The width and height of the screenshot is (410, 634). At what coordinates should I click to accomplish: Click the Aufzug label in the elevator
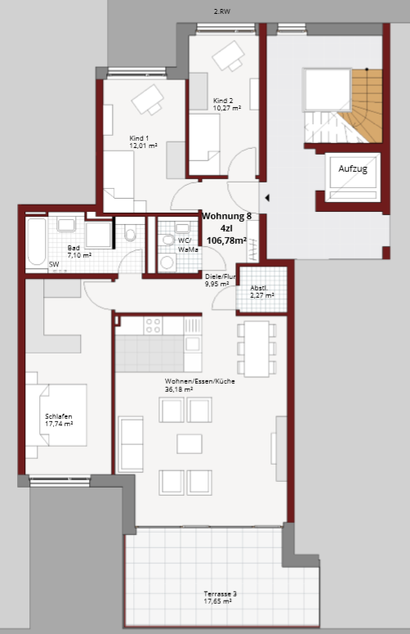click(353, 169)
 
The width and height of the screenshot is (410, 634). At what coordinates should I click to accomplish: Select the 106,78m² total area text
click(226, 241)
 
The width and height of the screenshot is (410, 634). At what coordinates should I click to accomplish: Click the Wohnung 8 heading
click(226, 216)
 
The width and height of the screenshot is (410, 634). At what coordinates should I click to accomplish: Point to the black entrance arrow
click(267, 198)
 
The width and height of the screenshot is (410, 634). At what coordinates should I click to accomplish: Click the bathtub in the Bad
click(37, 242)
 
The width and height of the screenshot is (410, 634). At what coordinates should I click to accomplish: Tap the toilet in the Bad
click(130, 233)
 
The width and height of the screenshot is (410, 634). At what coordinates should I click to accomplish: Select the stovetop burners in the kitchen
click(153, 326)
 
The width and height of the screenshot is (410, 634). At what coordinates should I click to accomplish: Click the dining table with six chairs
click(256, 348)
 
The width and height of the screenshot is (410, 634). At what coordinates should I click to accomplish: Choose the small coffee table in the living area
click(189, 443)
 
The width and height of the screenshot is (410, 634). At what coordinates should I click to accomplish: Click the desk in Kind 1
click(148, 100)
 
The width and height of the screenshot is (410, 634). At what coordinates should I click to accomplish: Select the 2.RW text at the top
click(222, 11)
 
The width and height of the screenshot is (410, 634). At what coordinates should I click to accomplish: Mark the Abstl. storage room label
click(258, 288)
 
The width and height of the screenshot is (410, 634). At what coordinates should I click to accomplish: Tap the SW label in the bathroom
click(54, 264)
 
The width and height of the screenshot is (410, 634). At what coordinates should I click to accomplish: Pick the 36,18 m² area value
click(179, 389)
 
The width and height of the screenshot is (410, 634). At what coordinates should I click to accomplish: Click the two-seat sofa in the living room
click(131, 445)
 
